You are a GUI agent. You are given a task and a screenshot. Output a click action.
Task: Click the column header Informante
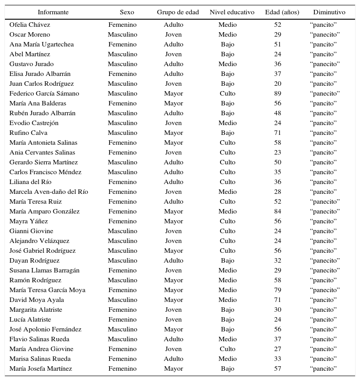pos(53,12)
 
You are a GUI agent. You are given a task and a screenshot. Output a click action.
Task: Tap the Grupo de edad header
pos(178,12)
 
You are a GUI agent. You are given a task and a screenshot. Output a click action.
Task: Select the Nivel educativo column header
pos(232,12)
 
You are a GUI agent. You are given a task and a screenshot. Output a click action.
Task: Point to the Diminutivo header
pos(329,12)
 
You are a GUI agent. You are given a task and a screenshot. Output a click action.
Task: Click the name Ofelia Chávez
pos(30,25)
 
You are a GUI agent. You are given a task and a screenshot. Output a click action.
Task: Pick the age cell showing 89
pos(278,93)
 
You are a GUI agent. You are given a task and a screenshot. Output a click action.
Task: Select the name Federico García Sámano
pos(44,93)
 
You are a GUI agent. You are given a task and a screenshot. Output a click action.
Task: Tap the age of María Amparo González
pos(278,211)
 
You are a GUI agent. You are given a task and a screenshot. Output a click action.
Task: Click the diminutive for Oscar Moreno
pos(325,34)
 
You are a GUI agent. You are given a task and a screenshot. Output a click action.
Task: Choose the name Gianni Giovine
pos(31,231)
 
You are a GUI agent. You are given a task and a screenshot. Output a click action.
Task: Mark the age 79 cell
pos(278,290)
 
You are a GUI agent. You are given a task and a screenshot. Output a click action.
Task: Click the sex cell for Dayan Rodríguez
pos(123,260)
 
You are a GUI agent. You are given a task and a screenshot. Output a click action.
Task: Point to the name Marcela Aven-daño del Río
pos(49,192)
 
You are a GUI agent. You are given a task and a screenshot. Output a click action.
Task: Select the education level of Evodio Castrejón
pos(228,123)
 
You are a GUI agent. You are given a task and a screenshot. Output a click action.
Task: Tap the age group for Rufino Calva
pos(174,133)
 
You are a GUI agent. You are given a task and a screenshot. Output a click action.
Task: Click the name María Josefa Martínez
pos(41,368)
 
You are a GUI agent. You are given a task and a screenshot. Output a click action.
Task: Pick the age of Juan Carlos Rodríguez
pos(278,84)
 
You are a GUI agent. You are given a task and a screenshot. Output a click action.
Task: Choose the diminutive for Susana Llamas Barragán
pos(325,270)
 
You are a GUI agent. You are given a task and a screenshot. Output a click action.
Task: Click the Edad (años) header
pos(282,12)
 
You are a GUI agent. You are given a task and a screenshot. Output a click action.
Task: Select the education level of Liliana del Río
pos(228,182)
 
